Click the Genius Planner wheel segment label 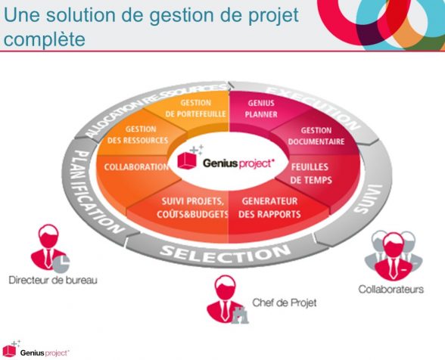[x=261, y=109]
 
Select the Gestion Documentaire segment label [x=316, y=136]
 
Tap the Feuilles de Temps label [x=311, y=174]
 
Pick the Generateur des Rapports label [x=269, y=208]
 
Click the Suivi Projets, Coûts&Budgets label [x=193, y=208]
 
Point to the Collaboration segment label [x=136, y=167]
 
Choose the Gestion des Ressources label [x=138, y=135]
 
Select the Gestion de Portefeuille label [x=195, y=108]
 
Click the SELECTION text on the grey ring [x=225, y=253]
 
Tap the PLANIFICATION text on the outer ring [x=94, y=191]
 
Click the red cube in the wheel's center [x=187, y=160]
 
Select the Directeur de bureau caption [x=53, y=280]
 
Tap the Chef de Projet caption [x=285, y=303]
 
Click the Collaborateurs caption [x=391, y=290]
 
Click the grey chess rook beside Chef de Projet [x=240, y=315]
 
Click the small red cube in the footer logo [x=9, y=351]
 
